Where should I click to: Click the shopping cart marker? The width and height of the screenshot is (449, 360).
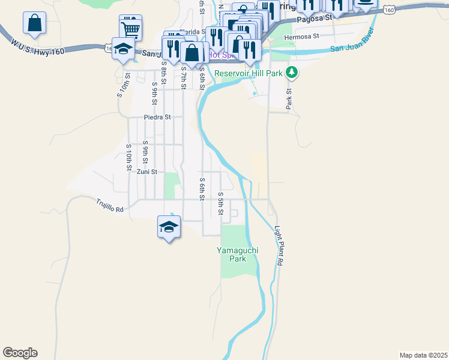[x=131, y=27]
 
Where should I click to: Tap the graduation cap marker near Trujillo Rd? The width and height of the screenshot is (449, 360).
[x=169, y=227]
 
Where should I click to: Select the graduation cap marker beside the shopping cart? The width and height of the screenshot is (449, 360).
[x=123, y=49]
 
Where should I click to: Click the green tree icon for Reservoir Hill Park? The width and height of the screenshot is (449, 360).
[x=292, y=73]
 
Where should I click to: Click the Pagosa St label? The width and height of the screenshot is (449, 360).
[x=316, y=19]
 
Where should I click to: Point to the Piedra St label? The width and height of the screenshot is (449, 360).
[x=158, y=118]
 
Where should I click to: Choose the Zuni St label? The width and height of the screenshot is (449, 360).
[x=146, y=172]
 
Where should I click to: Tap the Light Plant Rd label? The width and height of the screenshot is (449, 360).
[x=278, y=246]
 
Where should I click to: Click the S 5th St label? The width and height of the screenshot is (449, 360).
[x=221, y=204]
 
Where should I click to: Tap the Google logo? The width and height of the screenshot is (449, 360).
[x=20, y=353]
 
